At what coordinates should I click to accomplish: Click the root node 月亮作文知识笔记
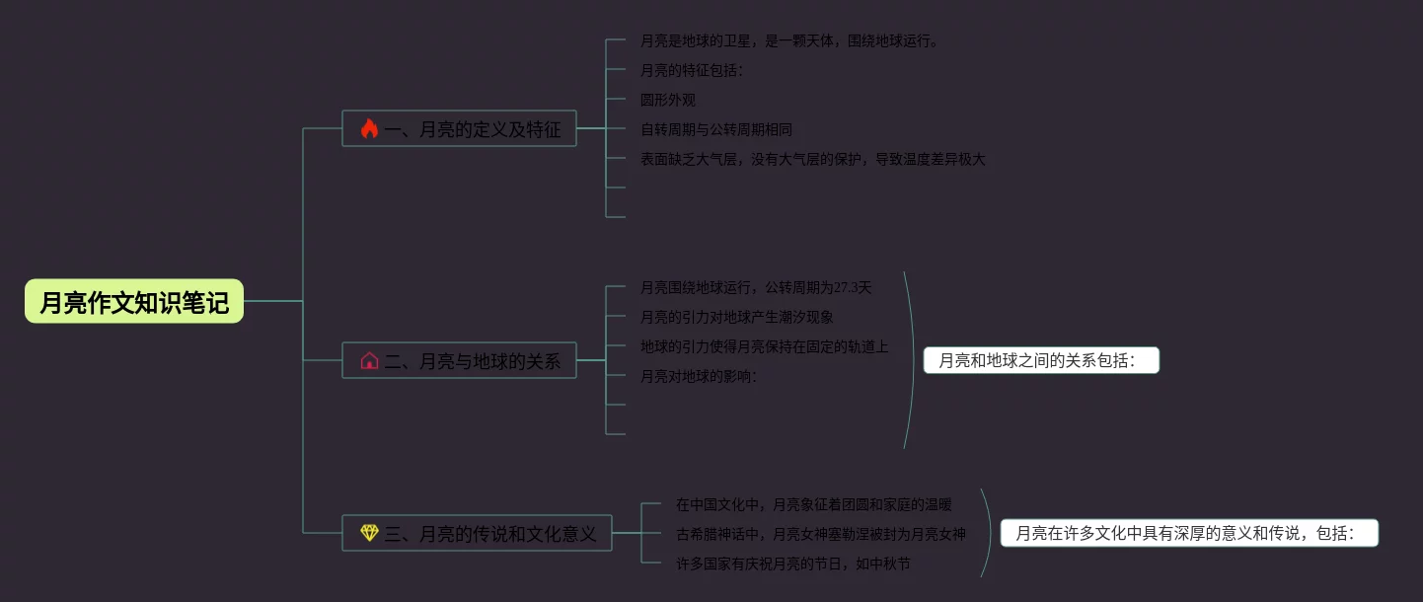134,302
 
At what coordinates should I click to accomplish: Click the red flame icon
369,129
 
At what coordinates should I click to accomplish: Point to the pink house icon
369,361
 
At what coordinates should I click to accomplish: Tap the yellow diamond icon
369,534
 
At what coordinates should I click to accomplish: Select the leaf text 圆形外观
668,100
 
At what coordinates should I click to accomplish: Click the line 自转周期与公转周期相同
715,129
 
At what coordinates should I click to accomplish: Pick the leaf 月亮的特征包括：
692,70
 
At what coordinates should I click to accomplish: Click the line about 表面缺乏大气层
812,159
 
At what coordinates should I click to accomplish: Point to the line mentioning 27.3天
756,287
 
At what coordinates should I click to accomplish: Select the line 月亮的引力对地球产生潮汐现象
737,317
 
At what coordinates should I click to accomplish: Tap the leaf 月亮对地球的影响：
699,376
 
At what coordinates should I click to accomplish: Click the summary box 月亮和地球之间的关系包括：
1041,361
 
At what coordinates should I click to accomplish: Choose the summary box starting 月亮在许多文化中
1189,534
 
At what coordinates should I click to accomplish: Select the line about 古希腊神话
820,534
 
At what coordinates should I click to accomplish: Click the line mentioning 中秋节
793,564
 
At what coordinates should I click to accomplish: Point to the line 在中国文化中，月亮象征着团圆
813,504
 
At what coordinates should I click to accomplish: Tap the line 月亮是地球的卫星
789,40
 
